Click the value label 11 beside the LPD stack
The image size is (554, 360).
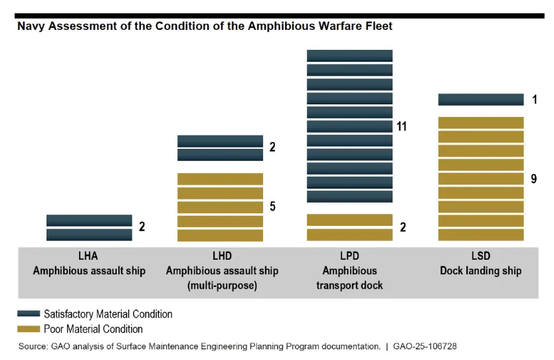tap(401, 126)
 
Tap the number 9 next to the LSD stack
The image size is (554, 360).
tap(534, 179)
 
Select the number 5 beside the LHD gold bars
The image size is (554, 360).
tap(272, 207)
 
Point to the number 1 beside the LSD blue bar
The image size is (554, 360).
tap(534, 100)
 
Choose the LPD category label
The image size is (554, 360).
tap(349, 256)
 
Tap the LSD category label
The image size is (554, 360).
tap(480, 256)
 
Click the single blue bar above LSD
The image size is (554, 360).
tap(480, 100)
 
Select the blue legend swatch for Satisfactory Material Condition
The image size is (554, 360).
tap(28, 314)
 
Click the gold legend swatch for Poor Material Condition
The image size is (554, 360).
tap(28, 329)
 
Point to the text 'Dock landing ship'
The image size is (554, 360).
tap(480, 271)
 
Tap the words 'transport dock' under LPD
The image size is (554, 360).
tap(349, 286)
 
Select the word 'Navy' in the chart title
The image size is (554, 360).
tap(31, 27)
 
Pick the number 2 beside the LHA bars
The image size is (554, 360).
tap(141, 226)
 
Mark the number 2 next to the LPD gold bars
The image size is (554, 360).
tap(403, 227)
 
